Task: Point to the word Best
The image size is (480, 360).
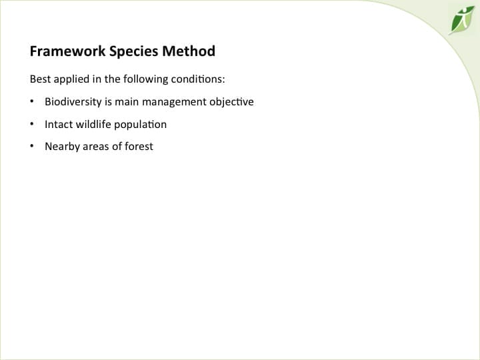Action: click(x=39, y=79)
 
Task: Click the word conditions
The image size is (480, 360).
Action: click(x=198, y=79)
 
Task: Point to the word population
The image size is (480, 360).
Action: click(x=141, y=125)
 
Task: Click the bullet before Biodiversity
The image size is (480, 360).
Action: click(x=32, y=102)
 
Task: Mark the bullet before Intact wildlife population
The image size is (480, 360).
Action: click(x=32, y=124)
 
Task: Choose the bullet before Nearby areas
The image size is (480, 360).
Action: click(x=32, y=146)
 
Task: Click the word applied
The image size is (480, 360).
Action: click(x=70, y=79)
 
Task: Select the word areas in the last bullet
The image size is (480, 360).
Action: click(x=95, y=147)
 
